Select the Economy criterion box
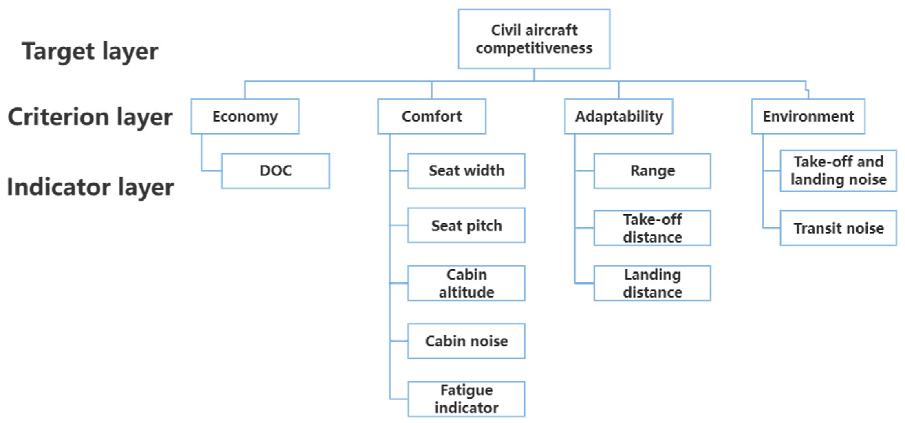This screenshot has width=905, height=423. [245, 116]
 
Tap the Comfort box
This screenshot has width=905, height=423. [431, 116]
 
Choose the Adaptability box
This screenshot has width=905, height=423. [618, 116]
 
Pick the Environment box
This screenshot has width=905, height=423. [808, 116]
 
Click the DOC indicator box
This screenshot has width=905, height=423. [276, 170]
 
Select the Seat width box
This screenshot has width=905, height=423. [466, 170]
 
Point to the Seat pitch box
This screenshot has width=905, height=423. [466, 225]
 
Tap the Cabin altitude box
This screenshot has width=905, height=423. [466, 283]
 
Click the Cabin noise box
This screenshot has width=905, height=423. [466, 341]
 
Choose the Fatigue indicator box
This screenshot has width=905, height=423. [466, 399]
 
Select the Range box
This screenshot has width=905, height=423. [652, 170]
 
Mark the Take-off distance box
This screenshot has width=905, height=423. [652, 228]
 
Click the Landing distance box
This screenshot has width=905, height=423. [652, 283]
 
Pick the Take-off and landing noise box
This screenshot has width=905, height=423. [838, 170]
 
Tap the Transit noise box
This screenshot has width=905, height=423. [838, 228]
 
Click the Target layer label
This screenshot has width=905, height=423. [90, 51]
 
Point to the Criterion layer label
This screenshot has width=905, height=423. [90, 116]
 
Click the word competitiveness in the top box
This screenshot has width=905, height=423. [534, 48]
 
